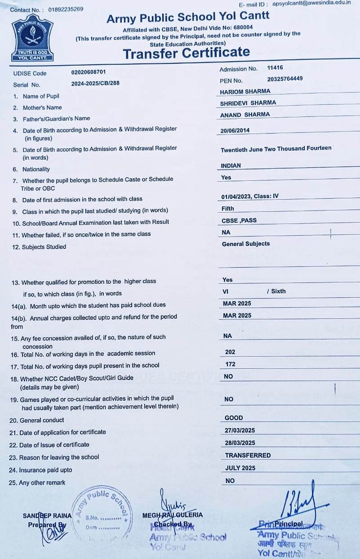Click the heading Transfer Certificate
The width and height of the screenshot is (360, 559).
click(186, 53)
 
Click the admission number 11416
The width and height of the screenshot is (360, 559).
click(275, 68)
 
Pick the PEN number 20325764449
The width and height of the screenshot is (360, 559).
click(284, 79)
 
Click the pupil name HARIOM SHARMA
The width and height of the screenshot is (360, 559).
click(245, 92)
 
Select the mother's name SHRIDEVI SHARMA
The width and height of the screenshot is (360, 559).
click(248, 103)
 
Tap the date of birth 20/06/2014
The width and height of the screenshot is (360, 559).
click(235, 131)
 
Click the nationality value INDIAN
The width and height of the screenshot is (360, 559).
click(231, 166)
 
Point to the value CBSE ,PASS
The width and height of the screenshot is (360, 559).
click(239, 221)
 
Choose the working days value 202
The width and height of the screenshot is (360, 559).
click(230, 352)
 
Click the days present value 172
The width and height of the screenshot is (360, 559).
click(230, 364)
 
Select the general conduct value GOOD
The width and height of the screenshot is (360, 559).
click(234, 418)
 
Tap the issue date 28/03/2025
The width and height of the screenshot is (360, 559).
click(240, 443)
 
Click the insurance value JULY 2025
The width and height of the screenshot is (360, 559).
click(240, 468)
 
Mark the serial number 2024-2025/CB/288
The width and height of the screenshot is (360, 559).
click(95, 83)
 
